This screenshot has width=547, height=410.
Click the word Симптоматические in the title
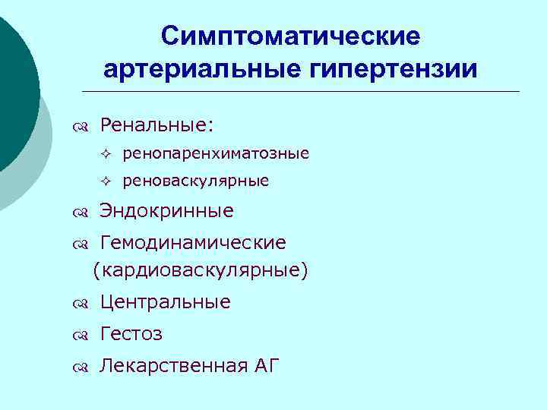click(291, 36)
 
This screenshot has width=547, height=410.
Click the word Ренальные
click(157, 123)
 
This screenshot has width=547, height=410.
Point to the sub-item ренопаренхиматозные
click(216, 153)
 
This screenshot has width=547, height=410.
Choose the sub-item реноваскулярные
click(195, 181)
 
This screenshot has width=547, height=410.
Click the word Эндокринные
click(166, 210)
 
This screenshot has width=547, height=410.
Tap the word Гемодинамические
click(193, 243)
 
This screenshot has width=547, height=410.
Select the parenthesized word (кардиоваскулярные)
click(201, 270)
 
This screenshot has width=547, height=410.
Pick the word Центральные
click(165, 302)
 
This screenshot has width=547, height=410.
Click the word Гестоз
click(131, 334)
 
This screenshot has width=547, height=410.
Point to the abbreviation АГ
click(267, 367)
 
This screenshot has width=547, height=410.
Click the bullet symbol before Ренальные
click(81, 125)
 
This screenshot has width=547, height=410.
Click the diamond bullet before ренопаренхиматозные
click(106, 154)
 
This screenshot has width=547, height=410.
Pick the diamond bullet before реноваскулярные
click(106, 181)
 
